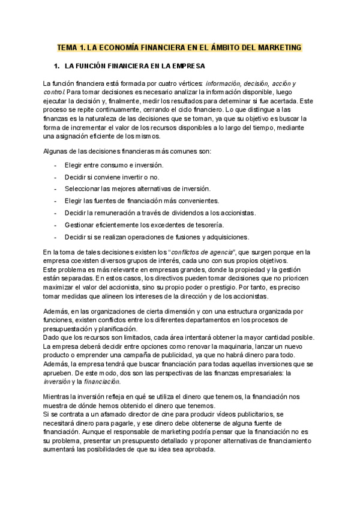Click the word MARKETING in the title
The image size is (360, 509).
pyautogui.click(x=275, y=47)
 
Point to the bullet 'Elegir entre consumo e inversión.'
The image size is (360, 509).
pyautogui.click(x=115, y=164)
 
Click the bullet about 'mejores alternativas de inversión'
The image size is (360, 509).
pyautogui.click(x=142, y=188)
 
